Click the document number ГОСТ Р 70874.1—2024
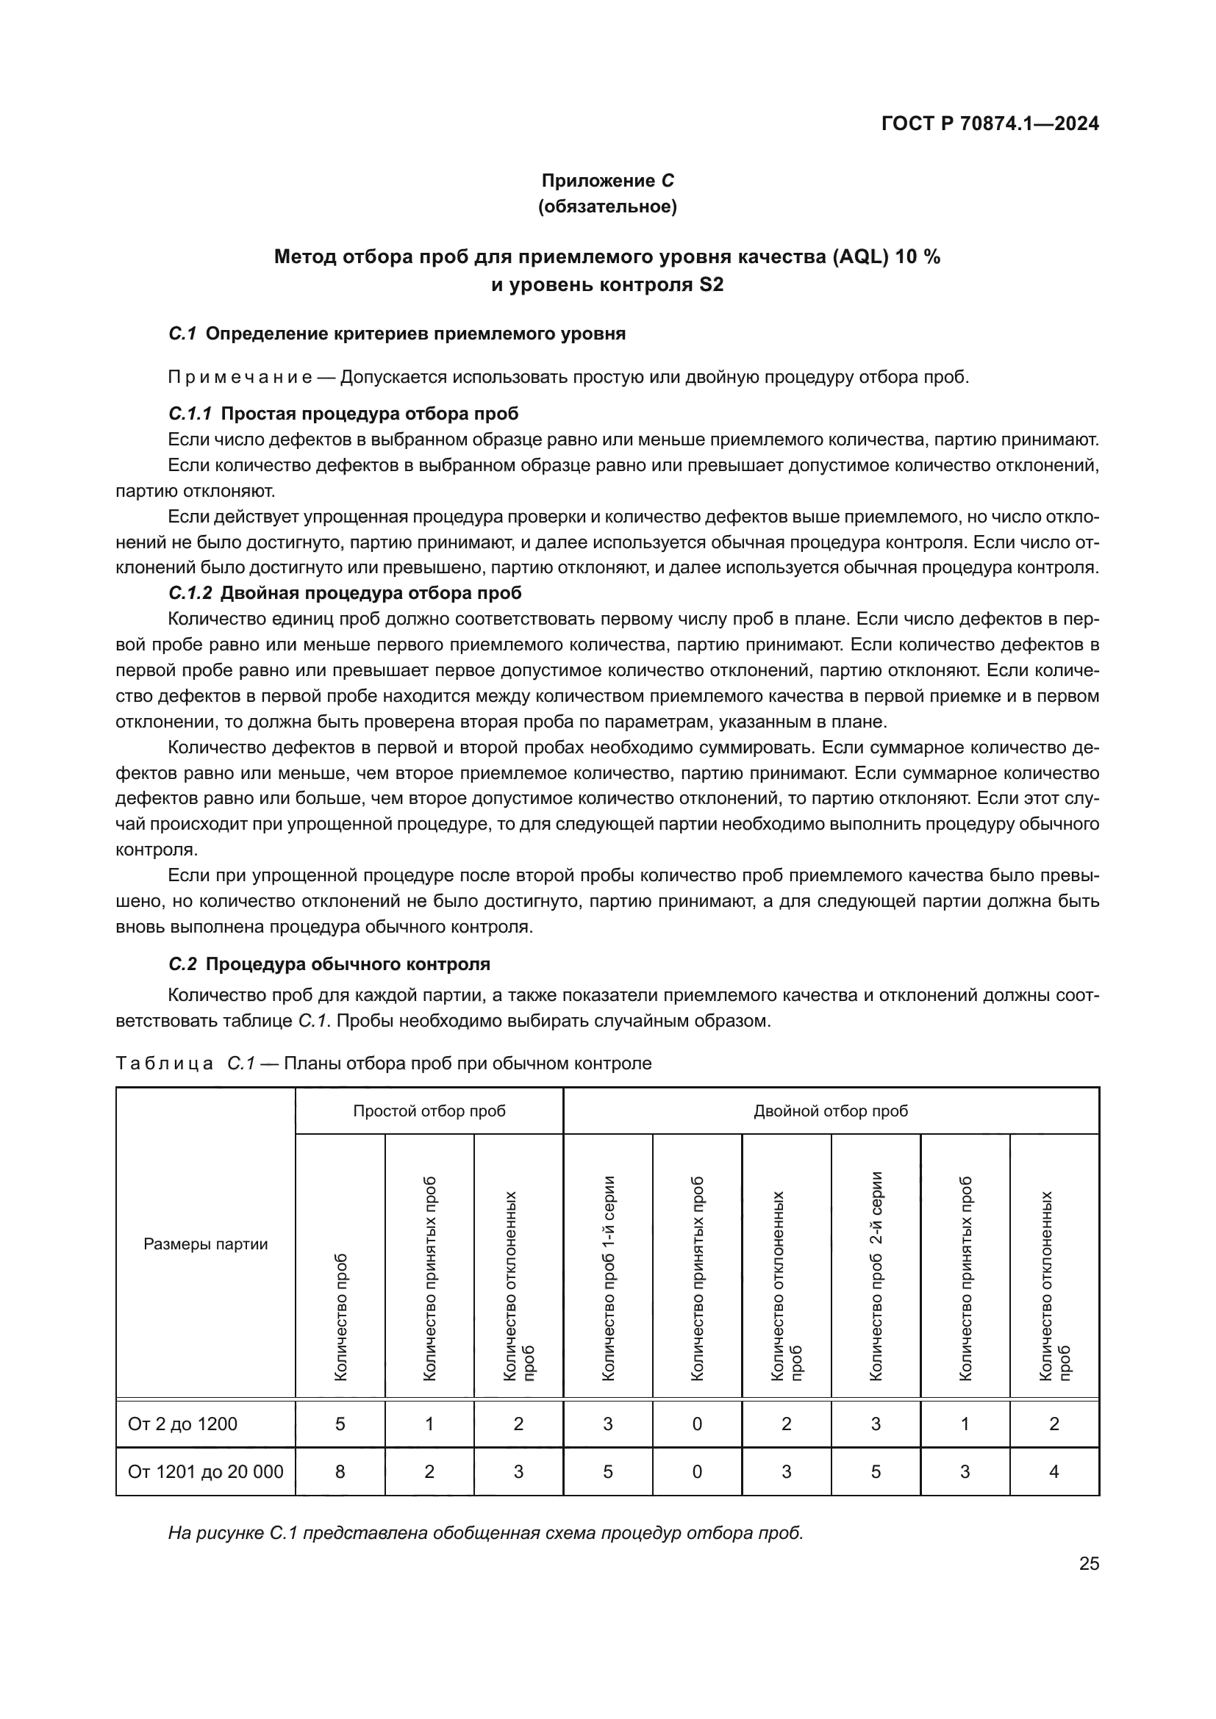[989, 124]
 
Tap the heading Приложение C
[607, 181]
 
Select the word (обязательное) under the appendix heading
[607, 207]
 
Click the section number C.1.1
[190, 413]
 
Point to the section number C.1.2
[190, 593]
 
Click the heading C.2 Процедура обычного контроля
[329, 964]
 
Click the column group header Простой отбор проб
[429, 1111]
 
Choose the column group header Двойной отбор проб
[830, 1111]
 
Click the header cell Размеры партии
[205, 1244]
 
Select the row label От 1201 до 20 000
[205, 1472]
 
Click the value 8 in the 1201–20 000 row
[340, 1472]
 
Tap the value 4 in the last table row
[1054, 1472]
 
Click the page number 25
[1089, 1564]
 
